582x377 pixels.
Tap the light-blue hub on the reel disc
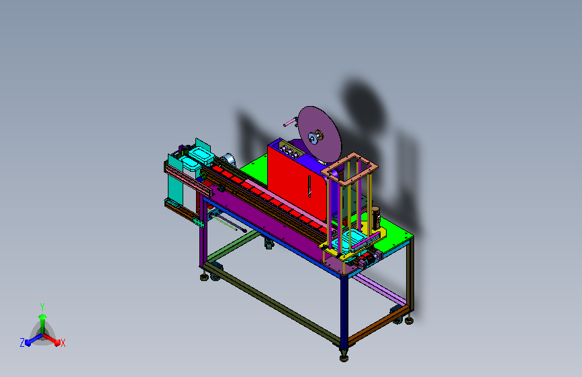pos(313,138)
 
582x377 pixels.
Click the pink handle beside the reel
pos(290,122)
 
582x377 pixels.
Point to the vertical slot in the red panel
pos(309,186)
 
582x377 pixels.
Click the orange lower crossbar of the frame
pos(379,325)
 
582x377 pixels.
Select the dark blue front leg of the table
pos(344,312)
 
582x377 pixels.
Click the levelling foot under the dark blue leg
pos(344,357)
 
